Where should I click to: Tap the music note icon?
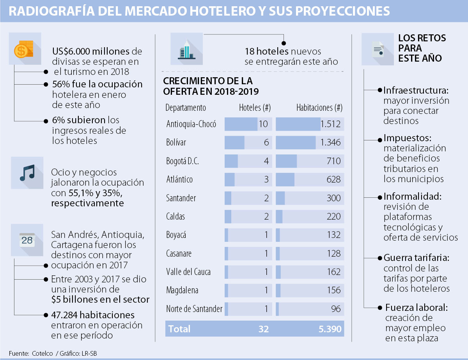coord(27,173)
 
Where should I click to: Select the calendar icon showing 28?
coord(27,239)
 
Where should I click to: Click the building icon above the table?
coord(186,49)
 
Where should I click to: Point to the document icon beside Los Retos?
coord(378,50)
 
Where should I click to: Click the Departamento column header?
coord(185,108)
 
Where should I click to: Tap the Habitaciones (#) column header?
coord(319,108)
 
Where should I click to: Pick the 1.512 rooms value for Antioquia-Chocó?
coord(330,124)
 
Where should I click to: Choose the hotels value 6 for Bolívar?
coord(266,143)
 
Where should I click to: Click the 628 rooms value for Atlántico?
coord(334,179)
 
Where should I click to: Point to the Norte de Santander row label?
coord(194,309)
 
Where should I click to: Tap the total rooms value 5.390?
coord(330,329)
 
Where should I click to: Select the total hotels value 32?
coord(264,329)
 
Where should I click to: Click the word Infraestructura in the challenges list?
coord(415,90)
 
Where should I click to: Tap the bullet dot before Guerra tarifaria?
coord(379,258)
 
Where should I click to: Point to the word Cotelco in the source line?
coord(42,353)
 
